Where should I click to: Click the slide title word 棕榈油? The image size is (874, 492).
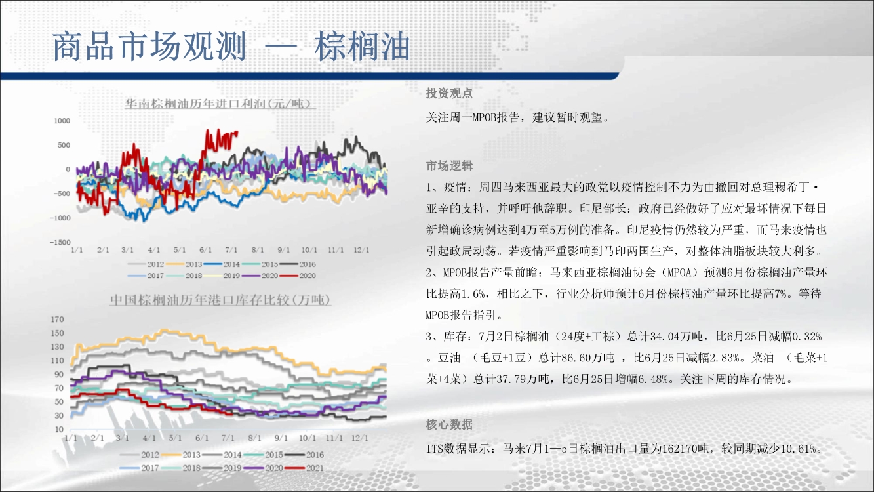pyautogui.click(x=363, y=47)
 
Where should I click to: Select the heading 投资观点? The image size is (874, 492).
pyautogui.click(x=449, y=93)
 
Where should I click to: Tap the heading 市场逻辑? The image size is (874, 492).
pyautogui.click(x=449, y=166)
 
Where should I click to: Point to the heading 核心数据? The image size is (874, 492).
pyautogui.click(x=449, y=424)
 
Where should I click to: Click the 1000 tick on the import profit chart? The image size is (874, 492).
pyautogui.click(x=62, y=121)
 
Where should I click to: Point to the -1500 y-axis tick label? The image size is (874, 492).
pyautogui.click(x=60, y=242)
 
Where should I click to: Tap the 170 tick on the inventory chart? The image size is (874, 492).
pyautogui.click(x=57, y=319)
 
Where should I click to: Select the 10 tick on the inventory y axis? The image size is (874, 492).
pyautogui.click(x=59, y=429)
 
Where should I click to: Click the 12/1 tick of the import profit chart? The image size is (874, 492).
pyautogui.click(x=361, y=249)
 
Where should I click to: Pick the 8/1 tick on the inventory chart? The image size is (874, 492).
pyautogui.click(x=254, y=438)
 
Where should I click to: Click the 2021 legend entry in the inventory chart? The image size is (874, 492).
pyautogui.click(x=304, y=468)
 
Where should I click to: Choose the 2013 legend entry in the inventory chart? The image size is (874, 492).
pyautogui.click(x=181, y=455)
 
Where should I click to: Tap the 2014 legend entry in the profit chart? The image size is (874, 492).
pyautogui.click(x=222, y=264)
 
